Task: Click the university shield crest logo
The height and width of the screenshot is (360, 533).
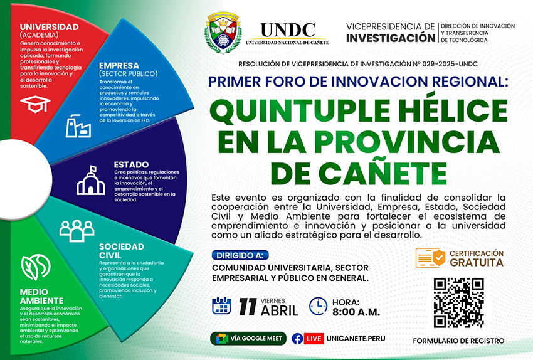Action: coord(223,33)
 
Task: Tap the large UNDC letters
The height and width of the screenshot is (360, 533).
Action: coord(288,30)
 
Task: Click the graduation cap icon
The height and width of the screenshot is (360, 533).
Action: coord(35,103)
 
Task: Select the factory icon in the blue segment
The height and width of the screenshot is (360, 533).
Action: coord(78,126)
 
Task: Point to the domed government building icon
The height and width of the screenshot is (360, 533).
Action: coord(90,181)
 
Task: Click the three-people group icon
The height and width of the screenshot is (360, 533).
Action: coord(77,231)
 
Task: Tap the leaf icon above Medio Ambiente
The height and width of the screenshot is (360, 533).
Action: coord(36,267)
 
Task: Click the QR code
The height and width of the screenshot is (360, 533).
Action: coord(458,302)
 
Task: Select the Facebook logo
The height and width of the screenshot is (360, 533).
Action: coord(297,339)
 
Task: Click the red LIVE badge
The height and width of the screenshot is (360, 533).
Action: coord(314,339)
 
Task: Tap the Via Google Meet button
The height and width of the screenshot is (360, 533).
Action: coord(248,338)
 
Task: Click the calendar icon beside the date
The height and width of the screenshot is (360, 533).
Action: coord(221,305)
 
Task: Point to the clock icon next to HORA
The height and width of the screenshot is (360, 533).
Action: coord(318,306)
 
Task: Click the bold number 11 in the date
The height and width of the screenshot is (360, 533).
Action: coord(248,307)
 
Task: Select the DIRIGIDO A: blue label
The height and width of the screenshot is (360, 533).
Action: coord(240,255)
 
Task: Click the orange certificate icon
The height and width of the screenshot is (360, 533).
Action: coord(430,258)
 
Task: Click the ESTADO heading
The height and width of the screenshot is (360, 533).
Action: coord(131,165)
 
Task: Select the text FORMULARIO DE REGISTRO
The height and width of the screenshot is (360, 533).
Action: coord(458,341)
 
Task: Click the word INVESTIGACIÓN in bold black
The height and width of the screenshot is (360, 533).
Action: coord(391,38)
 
